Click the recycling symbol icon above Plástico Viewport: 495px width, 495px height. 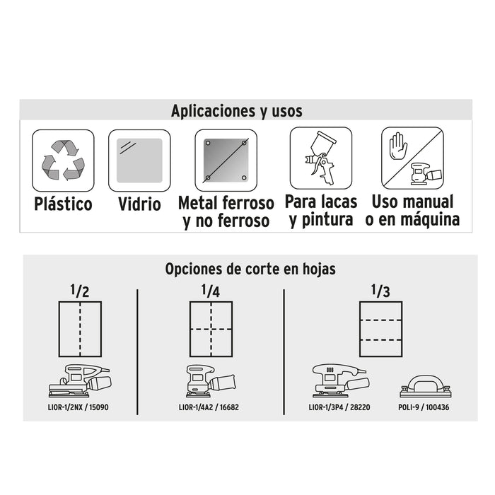63,161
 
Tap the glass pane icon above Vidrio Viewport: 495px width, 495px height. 139,161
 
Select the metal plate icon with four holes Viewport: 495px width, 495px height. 226,161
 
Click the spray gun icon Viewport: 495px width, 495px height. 320,158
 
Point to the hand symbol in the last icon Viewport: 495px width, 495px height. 398,146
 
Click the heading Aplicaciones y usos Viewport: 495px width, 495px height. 236,111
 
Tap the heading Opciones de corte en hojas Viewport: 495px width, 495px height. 250,269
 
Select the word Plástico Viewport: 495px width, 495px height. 63,204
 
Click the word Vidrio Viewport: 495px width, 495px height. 139,204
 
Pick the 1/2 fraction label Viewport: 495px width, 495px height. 79,291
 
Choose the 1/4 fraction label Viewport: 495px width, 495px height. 211,291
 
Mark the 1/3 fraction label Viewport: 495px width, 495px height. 380,291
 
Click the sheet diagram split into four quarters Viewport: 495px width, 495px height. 211,330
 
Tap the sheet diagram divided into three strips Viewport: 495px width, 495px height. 380,330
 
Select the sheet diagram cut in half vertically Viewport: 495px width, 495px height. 80,330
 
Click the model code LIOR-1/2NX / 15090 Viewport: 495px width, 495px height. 78,407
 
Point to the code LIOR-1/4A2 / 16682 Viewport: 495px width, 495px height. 209,407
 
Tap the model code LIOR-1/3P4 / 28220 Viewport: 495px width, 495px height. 339,407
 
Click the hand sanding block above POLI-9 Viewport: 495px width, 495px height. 424,386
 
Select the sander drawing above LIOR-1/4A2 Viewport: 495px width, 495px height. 211,380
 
